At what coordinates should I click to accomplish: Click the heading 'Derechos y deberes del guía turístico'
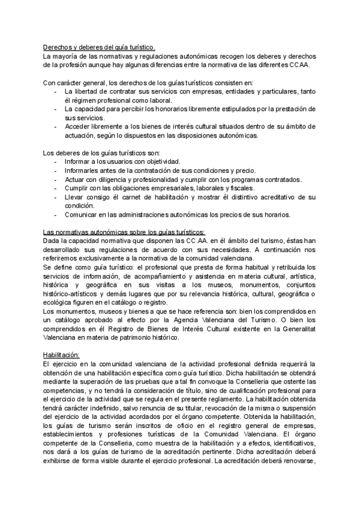(99, 47)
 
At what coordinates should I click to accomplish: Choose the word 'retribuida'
(296, 267)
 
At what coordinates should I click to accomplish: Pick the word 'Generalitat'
(295, 329)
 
